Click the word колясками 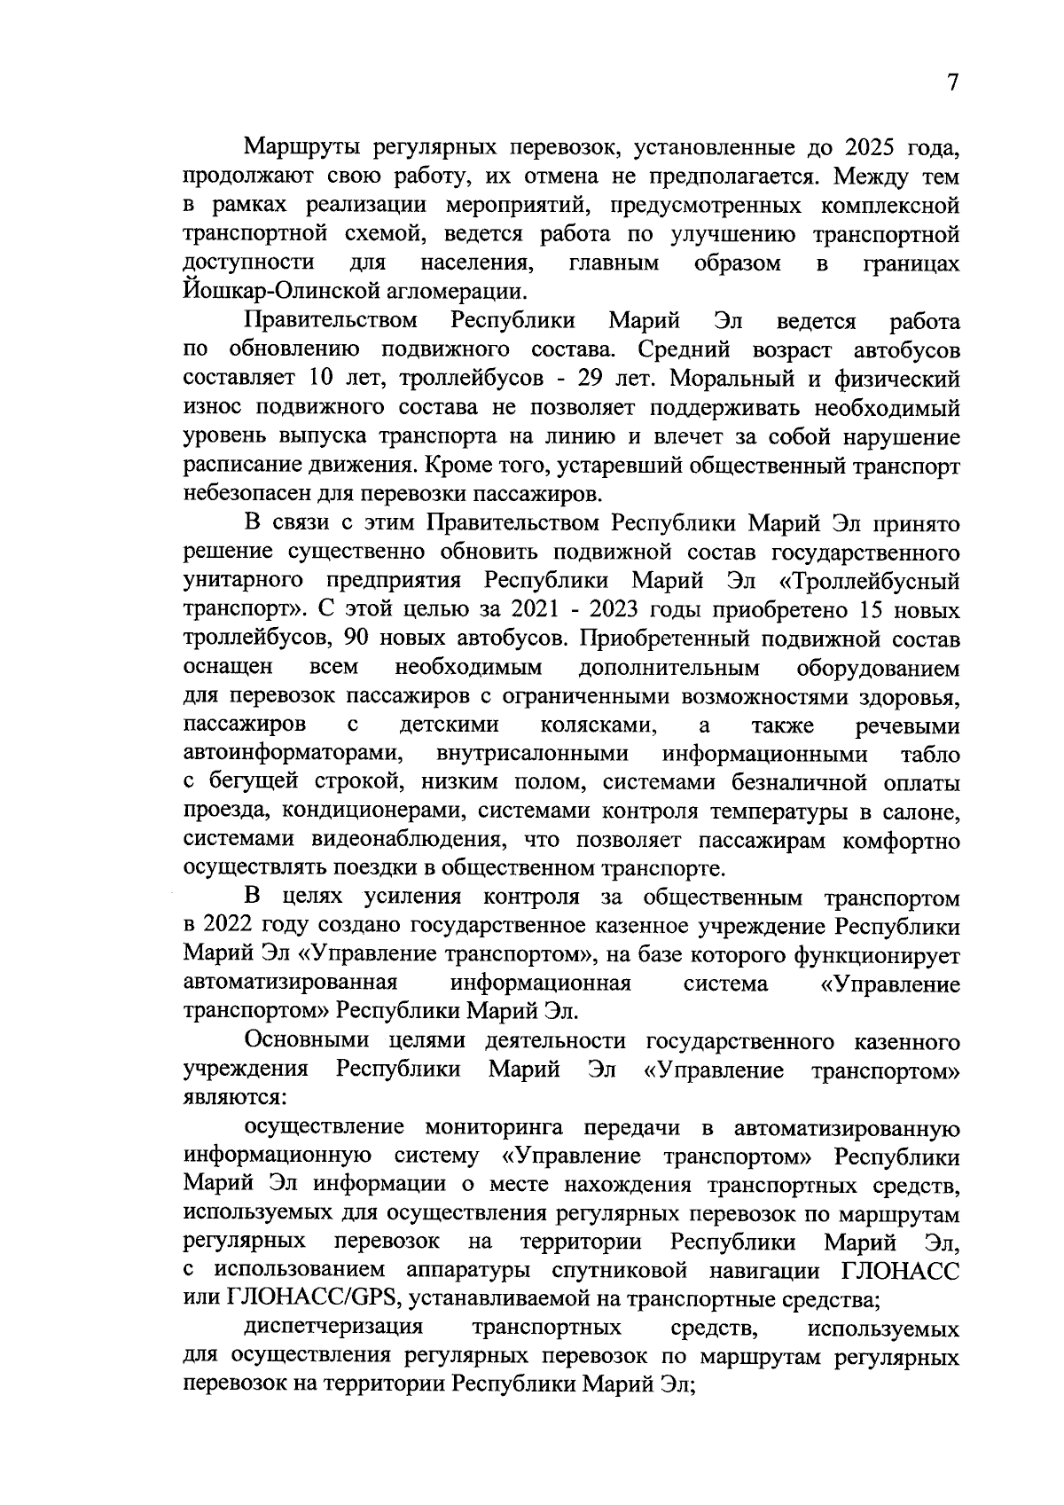[598, 725]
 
